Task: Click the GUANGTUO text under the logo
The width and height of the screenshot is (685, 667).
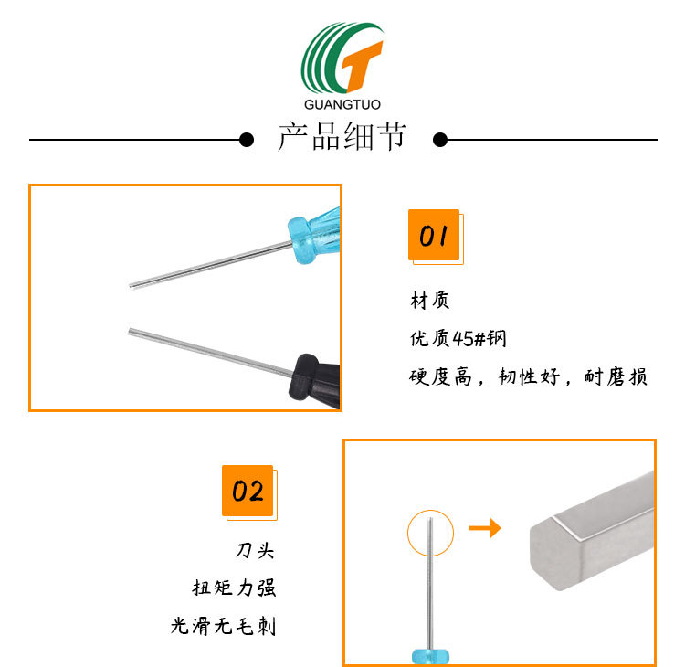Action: [x=342, y=104]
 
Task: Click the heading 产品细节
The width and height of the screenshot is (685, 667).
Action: [x=342, y=140]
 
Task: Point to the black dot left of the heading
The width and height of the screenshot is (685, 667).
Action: [x=246, y=140]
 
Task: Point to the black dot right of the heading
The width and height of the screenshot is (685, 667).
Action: [x=439, y=140]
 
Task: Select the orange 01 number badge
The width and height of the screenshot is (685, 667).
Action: [x=433, y=236]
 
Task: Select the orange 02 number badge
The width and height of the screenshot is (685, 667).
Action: [x=248, y=492]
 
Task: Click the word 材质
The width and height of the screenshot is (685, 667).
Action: [x=430, y=301]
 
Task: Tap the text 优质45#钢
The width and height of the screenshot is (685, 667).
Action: [x=458, y=339]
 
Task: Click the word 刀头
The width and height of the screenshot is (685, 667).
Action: [x=255, y=551]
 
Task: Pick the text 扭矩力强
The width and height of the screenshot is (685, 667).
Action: [x=234, y=588]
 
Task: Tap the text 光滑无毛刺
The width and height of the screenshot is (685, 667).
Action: [x=223, y=626]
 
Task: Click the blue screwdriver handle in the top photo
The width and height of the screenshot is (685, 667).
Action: [x=315, y=232]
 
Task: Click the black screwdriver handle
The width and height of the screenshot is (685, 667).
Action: [x=315, y=376]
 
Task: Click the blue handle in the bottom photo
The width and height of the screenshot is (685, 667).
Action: [x=427, y=657]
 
